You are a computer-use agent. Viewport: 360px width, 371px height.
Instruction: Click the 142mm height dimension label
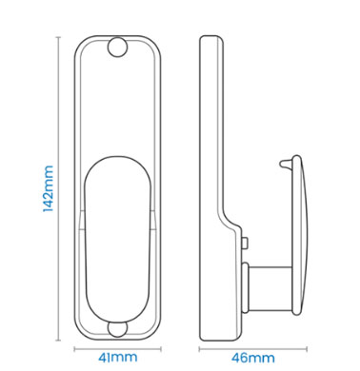coord(48,188)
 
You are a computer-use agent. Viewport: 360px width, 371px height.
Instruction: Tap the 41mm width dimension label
coord(118,358)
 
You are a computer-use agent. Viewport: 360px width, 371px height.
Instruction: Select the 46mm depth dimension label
coord(253,358)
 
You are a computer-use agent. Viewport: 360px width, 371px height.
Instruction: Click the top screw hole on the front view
coord(117,48)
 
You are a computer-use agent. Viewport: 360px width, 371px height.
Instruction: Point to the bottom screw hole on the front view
coord(117,328)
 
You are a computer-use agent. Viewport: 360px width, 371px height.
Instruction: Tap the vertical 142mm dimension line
coord(58,188)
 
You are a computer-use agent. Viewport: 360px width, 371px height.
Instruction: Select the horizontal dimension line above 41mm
coord(118,349)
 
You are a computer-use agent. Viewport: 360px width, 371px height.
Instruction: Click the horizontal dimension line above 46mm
coord(253,349)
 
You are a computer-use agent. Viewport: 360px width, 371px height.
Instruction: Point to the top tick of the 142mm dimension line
coord(58,37)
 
